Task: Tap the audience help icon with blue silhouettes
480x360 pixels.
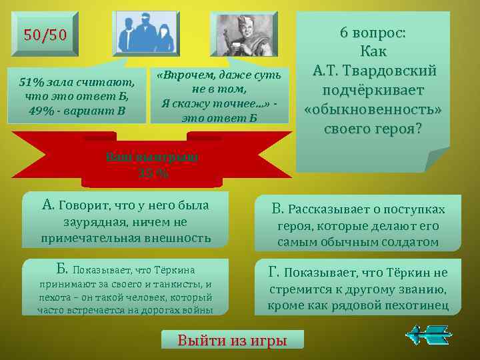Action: [x=146, y=34]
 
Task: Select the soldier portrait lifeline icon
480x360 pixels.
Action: [x=243, y=34]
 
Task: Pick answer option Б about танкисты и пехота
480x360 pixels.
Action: [x=125, y=287]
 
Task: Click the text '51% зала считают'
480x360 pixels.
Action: [x=77, y=83]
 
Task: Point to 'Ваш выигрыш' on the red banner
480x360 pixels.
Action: [x=152, y=157]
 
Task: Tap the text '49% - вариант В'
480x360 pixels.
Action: [x=77, y=109]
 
